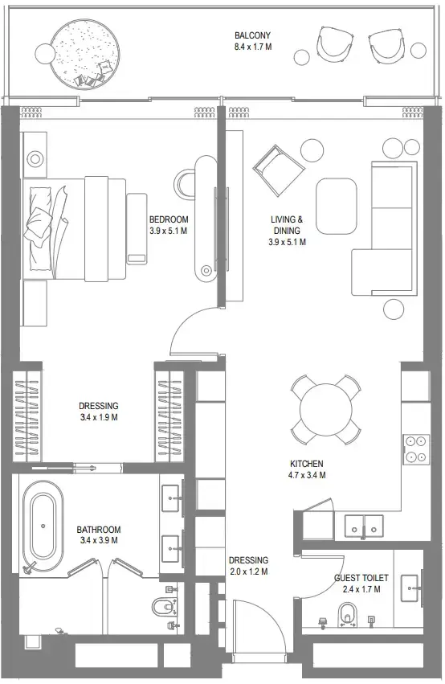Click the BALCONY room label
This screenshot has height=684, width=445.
coord(252,35)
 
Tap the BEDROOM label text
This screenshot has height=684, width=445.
coord(168,219)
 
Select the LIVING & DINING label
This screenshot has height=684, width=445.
coord(287,224)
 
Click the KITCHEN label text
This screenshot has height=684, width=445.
coord(307,464)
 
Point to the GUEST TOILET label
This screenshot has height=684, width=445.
coord(361,578)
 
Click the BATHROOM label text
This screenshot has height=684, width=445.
coord(99,530)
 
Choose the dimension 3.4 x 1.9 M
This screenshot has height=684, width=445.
coord(99,417)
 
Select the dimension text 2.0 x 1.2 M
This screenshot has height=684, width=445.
coord(248,571)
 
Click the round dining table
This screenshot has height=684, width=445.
coord(325,409)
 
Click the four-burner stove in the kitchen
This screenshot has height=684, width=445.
coord(415,448)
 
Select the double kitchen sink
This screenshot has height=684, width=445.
coord(366,525)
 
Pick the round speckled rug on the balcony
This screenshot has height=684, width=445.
coord(84,53)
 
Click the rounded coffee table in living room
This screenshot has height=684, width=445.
coord(336,204)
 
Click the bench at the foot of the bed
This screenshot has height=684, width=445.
coord(137,227)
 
